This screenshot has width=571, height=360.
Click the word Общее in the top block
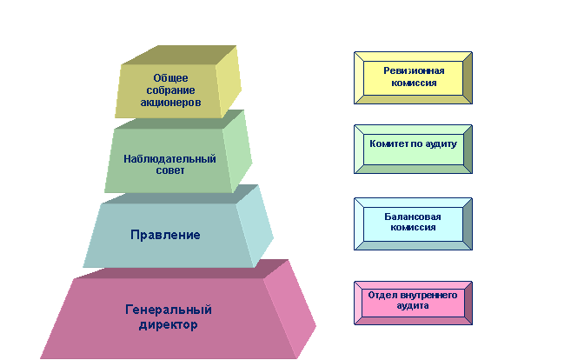coord(170,78)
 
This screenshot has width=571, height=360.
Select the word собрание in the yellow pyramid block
coord(170,90)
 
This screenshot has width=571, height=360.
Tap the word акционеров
coord(170,103)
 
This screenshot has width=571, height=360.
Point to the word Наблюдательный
coord(169,159)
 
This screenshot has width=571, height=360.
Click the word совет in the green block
coord(170,170)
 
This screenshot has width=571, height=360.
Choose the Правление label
coord(165,235)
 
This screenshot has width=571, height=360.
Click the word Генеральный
coord(169,310)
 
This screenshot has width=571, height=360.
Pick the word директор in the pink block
coord(169,324)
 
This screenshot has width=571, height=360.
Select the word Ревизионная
coord(414,70)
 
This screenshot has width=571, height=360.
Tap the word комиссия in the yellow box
coord(414,83)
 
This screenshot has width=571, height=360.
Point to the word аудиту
coord(441,144)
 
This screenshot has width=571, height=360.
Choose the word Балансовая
coord(413,217)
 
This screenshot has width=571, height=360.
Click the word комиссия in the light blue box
coord(413,228)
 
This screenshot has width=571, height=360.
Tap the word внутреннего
coord(428,295)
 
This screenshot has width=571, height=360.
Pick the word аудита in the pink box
coord(413,306)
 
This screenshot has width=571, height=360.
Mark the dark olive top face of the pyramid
coord(179,55)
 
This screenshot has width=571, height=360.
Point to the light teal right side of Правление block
coord(255,226)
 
